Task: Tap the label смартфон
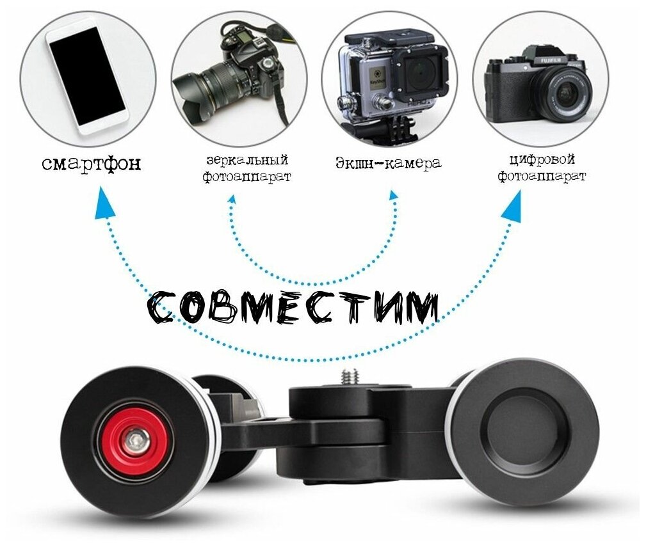click(x=91, y=164)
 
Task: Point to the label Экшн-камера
click(x=389, y=163)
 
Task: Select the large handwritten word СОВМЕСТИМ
click(x=293, y=308)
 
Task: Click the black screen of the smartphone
click(x=86, y=77)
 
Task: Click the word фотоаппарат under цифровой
click(x=543, y=177)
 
